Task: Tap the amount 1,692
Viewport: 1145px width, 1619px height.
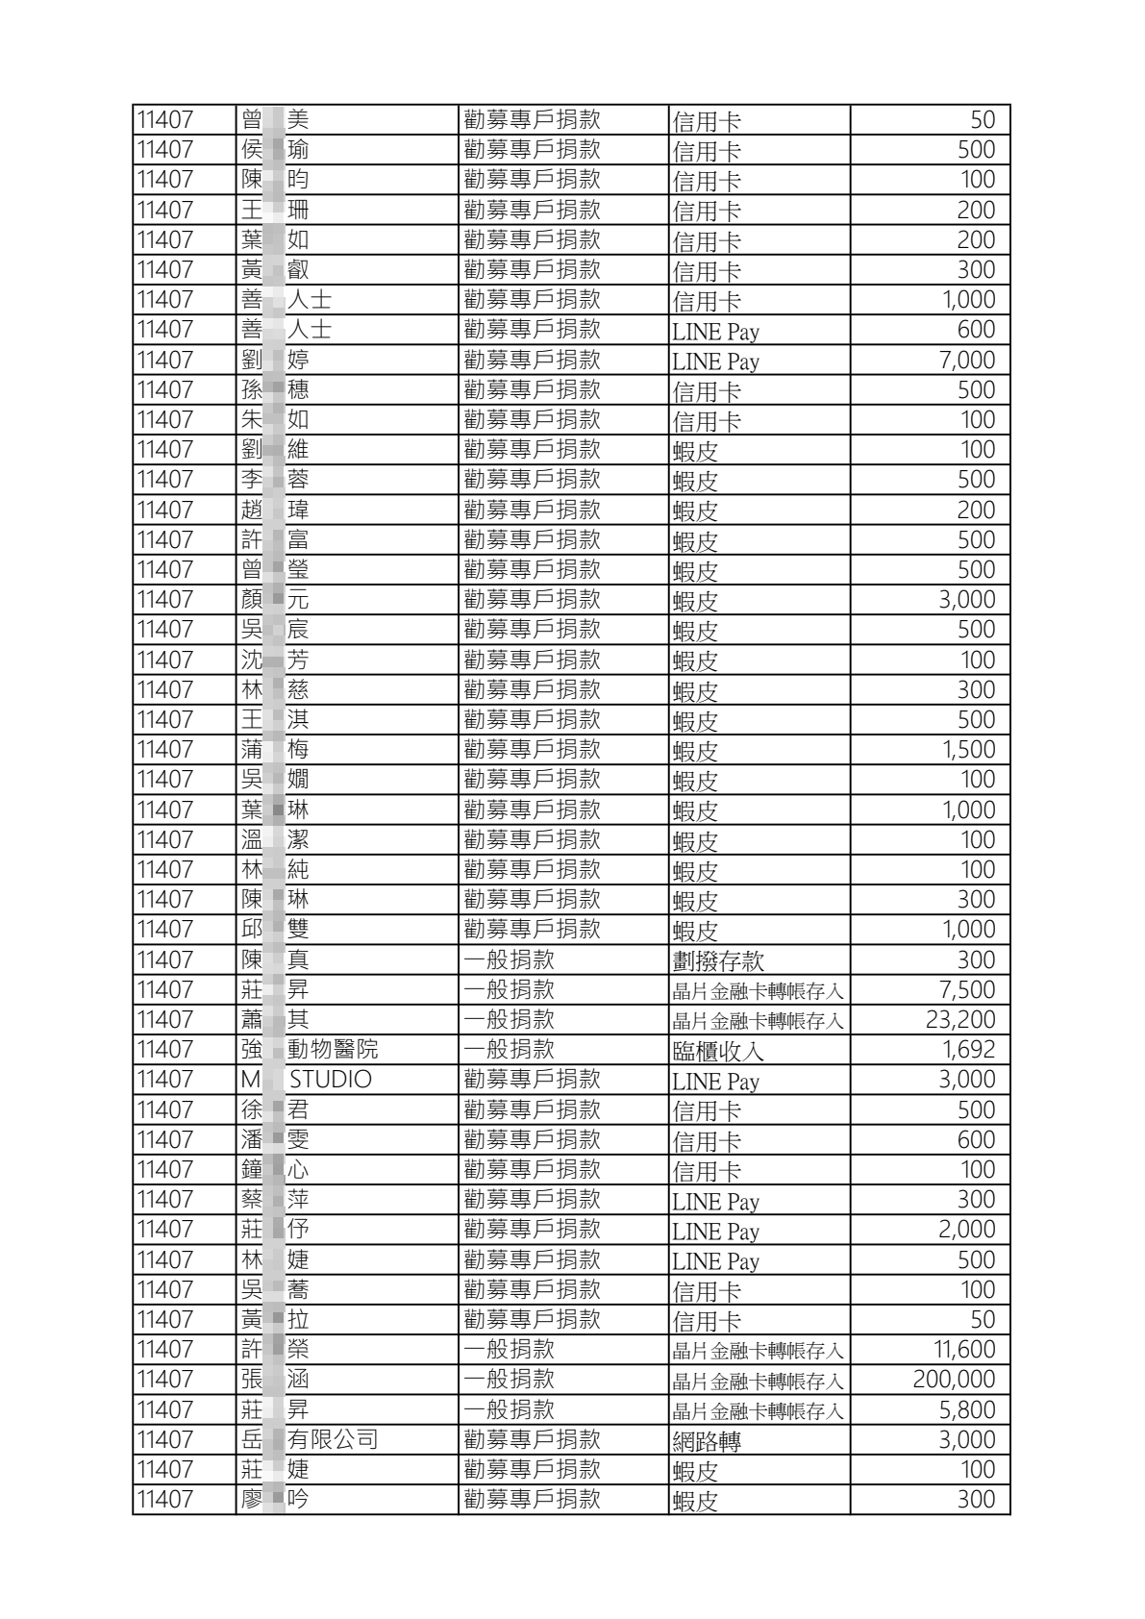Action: [x=968, y=1050]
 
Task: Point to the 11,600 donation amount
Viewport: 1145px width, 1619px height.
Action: [x=964, y=1350]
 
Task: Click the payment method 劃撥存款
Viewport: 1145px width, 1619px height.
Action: [x=717, y=960]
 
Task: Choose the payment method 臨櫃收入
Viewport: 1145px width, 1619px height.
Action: [x=717, y=1051]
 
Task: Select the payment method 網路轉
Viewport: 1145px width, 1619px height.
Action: [x=707, y=1440]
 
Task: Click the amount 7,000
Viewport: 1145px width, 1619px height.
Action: [x=966, y=361]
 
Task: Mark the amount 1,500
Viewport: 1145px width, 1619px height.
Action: [x=968, y=750]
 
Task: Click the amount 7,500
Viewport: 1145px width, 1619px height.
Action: [x=966, y=990]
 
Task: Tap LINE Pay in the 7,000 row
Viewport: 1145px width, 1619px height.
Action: [x=715, y=361]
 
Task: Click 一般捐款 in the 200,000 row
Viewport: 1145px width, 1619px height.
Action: [x=509, y=1380]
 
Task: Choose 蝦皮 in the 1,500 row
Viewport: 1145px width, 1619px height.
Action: [x=695, y=751]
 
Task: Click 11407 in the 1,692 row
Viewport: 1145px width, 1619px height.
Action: [x=164, y=1050]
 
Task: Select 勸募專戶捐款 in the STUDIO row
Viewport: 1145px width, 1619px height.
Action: [x=532, y=1080]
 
